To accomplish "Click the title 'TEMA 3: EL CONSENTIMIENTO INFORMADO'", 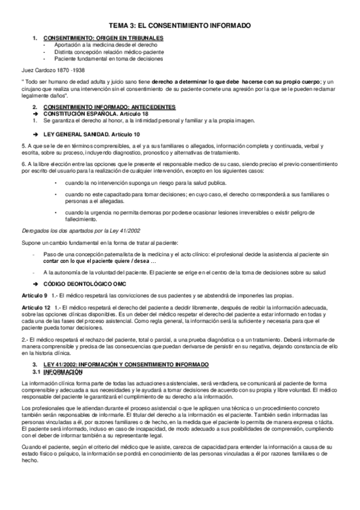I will point(180,26).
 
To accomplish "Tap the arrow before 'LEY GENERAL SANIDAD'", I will point(36,134).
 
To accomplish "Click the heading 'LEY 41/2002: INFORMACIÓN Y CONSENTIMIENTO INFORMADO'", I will point(126,365).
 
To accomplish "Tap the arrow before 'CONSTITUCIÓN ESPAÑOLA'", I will point(36,113).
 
